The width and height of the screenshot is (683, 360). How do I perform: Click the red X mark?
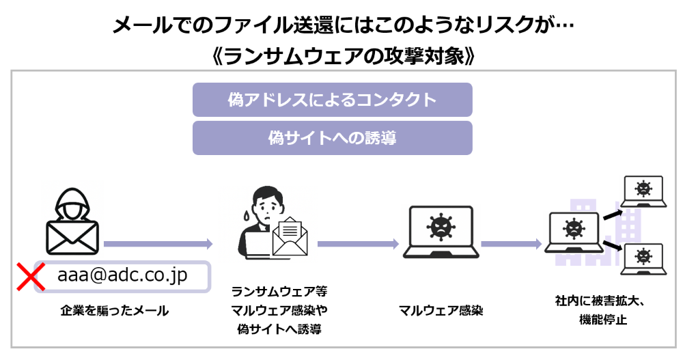31,277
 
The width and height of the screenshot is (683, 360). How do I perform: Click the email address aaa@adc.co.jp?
123,275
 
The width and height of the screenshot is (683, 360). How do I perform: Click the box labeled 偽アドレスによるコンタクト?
332,100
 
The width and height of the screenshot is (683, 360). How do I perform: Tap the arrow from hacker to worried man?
157,243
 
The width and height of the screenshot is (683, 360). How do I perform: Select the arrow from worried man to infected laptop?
358,243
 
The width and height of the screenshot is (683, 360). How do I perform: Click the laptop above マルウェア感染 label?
438,232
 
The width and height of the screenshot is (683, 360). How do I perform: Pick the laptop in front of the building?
573,233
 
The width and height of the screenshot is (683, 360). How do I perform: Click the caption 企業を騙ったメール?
114,311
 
